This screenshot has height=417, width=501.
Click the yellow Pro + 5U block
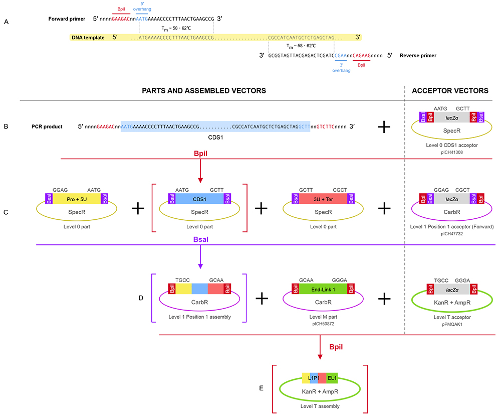[77, 199]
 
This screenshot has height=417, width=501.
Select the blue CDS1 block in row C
[199, 199]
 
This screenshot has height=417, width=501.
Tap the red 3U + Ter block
[323, 199]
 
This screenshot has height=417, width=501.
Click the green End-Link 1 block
[323, 290]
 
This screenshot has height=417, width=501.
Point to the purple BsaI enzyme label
[201, 239]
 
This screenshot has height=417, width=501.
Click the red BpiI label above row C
[201, 153]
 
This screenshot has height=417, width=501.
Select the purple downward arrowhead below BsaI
[200, 266]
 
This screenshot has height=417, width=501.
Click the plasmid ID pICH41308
[451, 153]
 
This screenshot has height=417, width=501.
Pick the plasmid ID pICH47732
[451, 234]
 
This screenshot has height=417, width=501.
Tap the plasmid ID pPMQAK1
[452, 324]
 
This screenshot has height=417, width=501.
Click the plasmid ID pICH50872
[323, 324]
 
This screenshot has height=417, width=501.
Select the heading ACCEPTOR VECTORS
[450, 91]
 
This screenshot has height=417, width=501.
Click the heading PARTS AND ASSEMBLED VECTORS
[204, 91]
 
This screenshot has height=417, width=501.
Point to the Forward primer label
[67, 19]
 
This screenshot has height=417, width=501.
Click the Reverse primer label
[418, 55]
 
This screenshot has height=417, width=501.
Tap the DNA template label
[88, 38]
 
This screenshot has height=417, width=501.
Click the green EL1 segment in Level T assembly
[332, 378]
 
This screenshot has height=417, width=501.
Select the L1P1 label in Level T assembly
[314, 378]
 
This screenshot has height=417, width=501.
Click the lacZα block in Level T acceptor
[452, 290]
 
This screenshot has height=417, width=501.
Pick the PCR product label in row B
[47, 127]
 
